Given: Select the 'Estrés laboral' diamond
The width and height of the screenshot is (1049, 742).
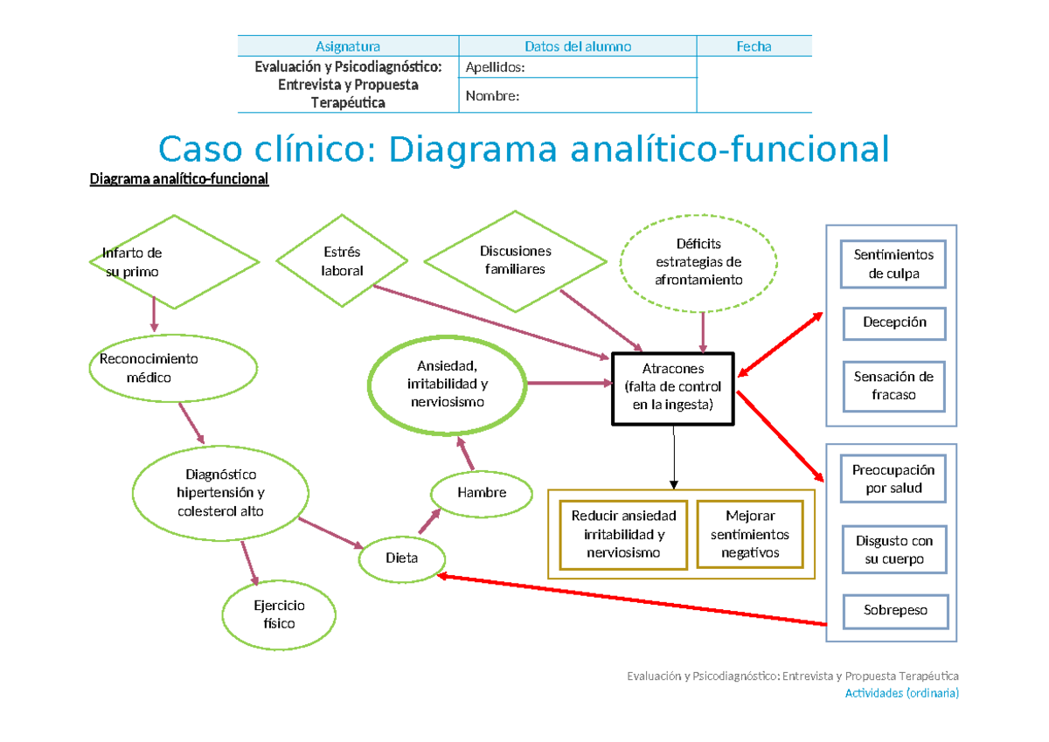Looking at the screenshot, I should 342,261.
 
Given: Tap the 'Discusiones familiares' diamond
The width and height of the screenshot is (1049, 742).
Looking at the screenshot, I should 515,260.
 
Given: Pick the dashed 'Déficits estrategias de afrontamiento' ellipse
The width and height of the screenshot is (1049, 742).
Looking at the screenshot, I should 698,261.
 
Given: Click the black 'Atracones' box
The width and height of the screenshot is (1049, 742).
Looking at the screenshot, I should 673,387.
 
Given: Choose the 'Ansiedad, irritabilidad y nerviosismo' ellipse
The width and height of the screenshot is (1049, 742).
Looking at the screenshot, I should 448,383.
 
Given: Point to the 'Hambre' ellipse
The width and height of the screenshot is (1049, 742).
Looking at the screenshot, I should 482,493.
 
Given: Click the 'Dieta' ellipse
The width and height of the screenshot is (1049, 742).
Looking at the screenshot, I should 402,558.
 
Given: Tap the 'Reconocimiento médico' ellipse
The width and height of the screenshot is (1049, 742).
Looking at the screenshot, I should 174,368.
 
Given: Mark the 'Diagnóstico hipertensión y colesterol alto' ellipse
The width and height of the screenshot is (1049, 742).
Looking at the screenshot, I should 220,494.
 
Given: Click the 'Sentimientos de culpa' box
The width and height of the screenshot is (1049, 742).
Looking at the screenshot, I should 893,264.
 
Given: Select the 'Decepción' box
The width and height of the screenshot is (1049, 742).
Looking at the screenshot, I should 893,322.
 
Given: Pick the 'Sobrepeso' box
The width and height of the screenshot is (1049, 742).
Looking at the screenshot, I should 893,611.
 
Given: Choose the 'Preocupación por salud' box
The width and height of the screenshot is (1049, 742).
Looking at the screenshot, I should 893,479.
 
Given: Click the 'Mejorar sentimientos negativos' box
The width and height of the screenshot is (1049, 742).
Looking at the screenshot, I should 749,534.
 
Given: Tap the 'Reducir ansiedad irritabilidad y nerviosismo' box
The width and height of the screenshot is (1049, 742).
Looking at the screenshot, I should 623,534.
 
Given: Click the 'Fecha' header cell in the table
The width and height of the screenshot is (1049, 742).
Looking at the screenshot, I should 754,47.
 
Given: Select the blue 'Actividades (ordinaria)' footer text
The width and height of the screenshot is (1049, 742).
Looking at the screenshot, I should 901,693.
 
